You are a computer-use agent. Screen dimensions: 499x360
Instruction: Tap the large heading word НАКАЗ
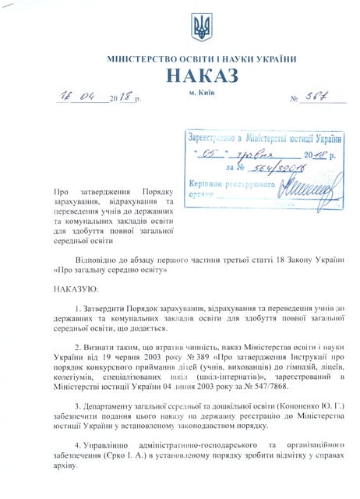pos(201,77)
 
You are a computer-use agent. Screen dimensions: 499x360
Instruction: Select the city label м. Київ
pos(201,93)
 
